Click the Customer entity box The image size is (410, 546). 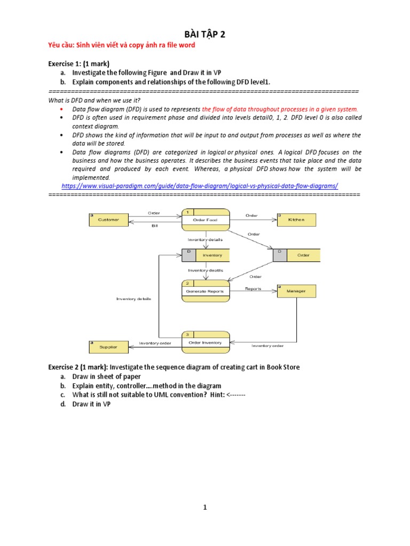click(109, 220)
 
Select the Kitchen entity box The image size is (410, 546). click(296, 220)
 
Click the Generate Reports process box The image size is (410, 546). click(206, 289)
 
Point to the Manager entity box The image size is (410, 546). click(296, 291)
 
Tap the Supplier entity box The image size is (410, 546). click(108, 347)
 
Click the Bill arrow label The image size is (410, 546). click(155, 226)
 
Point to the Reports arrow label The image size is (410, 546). click(253, 289)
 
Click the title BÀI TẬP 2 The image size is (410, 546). click(205, 35)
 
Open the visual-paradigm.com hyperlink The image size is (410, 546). click(200, 186)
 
